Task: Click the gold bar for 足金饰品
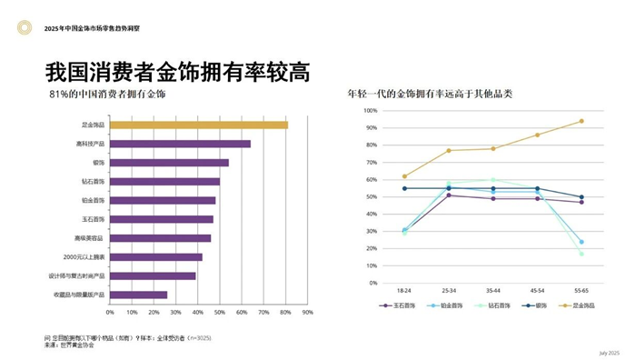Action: [x=198, y=125]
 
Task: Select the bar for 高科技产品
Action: [x=180, y=144]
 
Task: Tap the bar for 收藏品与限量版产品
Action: [x=138, y=295]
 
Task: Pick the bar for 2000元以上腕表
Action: [x=155, y=257]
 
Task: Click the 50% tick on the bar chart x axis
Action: [x=220, y=312]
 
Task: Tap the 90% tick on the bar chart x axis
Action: [x=308, y=312]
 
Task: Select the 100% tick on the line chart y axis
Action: [x=371, y=111]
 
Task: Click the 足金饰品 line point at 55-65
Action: [x=581, y=121]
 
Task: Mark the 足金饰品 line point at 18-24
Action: [x=404, y=176]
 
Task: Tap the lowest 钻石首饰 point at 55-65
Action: [x=581, y=254]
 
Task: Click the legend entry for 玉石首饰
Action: [x=401, y=305]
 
